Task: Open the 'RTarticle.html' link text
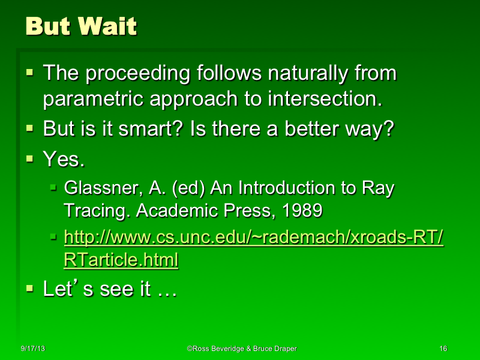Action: click(121, 261)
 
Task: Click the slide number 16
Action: click(443, 349)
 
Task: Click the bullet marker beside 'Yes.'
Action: click(30, 159)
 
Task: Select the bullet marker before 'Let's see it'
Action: click(30, 289)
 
